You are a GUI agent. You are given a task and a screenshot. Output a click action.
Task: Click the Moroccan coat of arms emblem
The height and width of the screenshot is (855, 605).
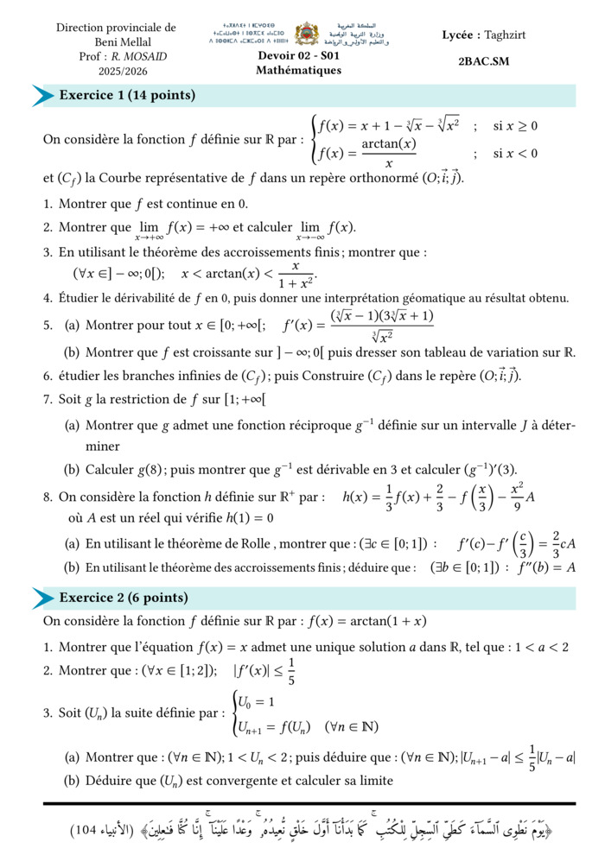coord(307,35)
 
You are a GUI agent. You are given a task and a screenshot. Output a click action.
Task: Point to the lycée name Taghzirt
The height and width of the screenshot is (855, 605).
coord(506,35)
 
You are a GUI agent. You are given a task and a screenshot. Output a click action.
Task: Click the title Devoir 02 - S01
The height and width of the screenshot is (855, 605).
coord(298,56)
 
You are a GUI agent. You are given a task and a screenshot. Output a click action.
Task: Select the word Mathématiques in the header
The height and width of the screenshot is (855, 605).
coord(298,70)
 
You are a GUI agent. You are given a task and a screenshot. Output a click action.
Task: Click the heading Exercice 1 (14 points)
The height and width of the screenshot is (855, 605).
coord(127,96)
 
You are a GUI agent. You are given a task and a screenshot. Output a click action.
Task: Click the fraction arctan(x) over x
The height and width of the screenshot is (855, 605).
coord(389,153)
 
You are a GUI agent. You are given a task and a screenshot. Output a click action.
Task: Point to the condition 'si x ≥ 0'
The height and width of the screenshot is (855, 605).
coord(515,126)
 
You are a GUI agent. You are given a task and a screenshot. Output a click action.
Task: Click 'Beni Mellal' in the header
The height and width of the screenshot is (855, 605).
coord(116,42)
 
